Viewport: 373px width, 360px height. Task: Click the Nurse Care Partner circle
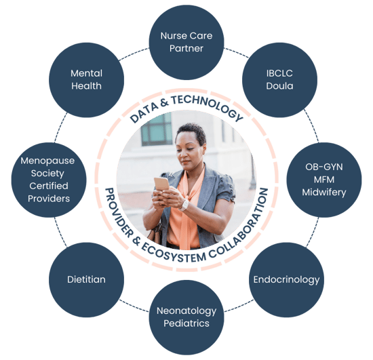[x=186, y=42]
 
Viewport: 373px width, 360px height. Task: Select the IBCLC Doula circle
[x=279, y=79]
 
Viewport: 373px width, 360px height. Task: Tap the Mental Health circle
[x=86, y=79]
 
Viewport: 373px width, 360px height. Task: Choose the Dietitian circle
[x=86, y=279]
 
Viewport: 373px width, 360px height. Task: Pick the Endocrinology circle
[x=286, y=279]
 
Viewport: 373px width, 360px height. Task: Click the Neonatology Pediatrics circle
[x=186, y=317]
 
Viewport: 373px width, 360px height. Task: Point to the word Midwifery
[x=324, y=193]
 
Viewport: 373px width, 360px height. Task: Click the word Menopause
[x=47, y=161]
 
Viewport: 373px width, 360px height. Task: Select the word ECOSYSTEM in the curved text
[x=173, y=254]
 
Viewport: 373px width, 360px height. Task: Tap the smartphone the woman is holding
[x=161, y=184]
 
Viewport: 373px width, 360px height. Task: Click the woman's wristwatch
[x=184, y=205]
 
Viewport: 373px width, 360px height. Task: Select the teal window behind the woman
[x=157, y=129]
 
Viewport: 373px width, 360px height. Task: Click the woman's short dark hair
[x=193, y=132]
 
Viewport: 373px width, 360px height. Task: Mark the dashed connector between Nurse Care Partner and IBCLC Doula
[x=236, y=52]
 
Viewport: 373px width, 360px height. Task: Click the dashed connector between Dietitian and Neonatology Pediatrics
[x=134, y=306]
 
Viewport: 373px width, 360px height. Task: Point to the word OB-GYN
[x=324, y=167]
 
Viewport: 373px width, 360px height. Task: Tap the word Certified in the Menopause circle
[x=49, y=186]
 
